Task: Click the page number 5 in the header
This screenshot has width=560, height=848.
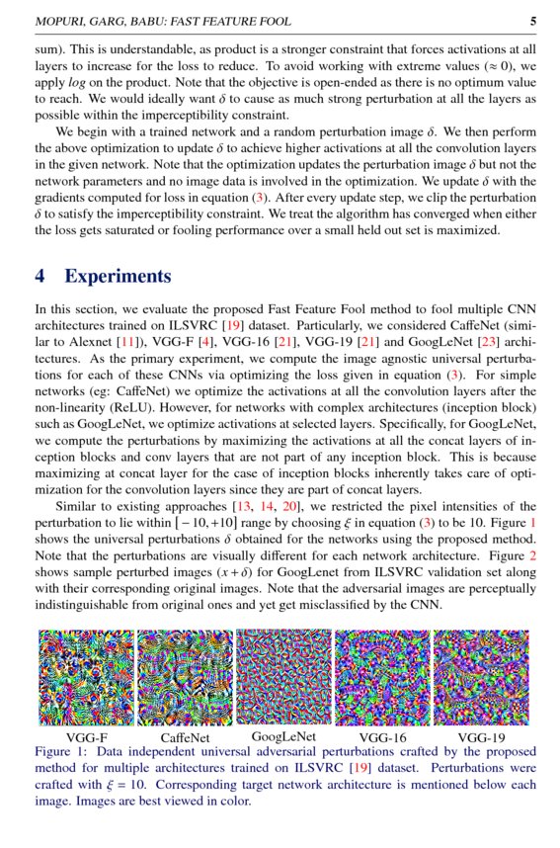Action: tap(533, 21)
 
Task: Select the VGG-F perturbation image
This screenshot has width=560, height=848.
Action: tap(86, 679)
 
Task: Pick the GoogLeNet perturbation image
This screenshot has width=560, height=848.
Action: tap(283, 677)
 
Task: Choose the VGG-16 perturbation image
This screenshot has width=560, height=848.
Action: tap(382, 679)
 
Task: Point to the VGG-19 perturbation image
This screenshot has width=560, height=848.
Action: tap(481, 679)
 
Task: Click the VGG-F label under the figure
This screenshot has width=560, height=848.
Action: tap(87, 738)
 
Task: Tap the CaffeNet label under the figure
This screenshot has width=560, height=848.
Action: tap(185, 738)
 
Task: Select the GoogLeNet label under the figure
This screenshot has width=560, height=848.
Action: tap(283, 736)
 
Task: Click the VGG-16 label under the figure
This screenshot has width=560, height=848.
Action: tap(382, 738)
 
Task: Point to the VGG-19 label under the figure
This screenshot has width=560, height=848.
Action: tap(481, 738)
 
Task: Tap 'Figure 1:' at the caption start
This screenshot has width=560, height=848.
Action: tap(63, 752)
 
